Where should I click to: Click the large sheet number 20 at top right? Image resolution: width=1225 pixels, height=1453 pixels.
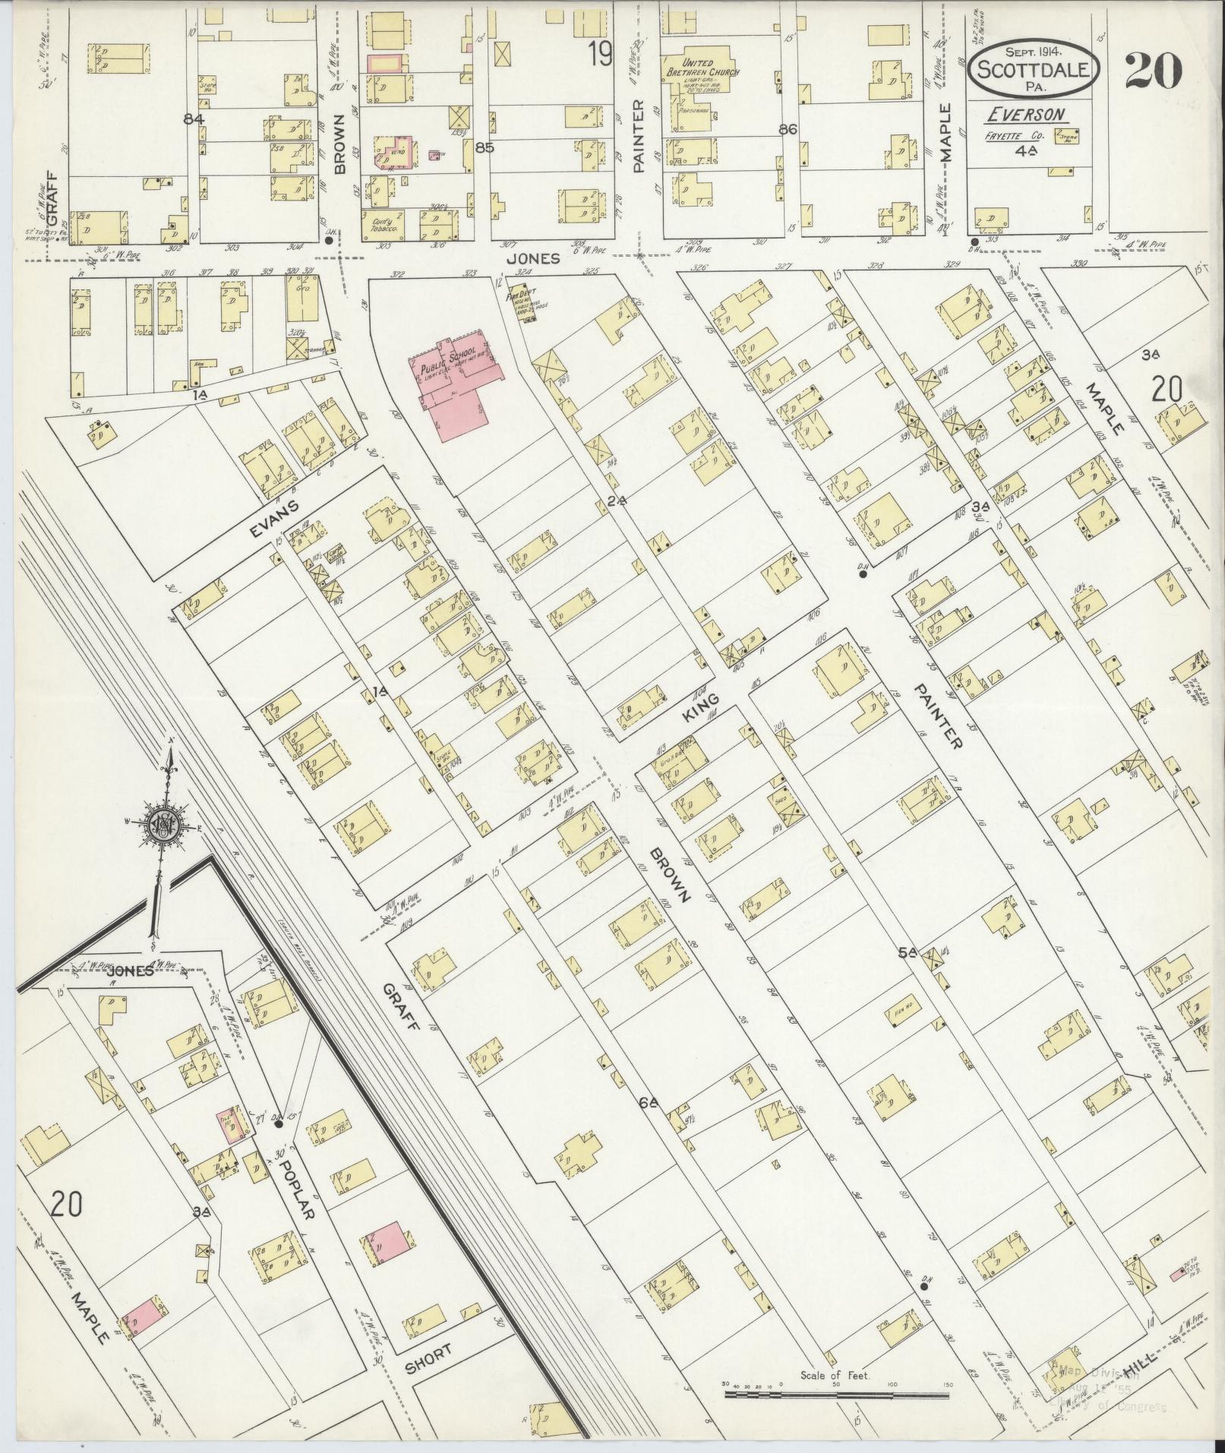pos(1153,70)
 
